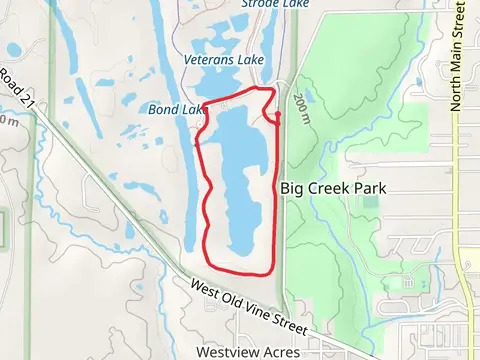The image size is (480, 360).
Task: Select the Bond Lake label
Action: point(176,108)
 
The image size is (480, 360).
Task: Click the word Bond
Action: point(164,108)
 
